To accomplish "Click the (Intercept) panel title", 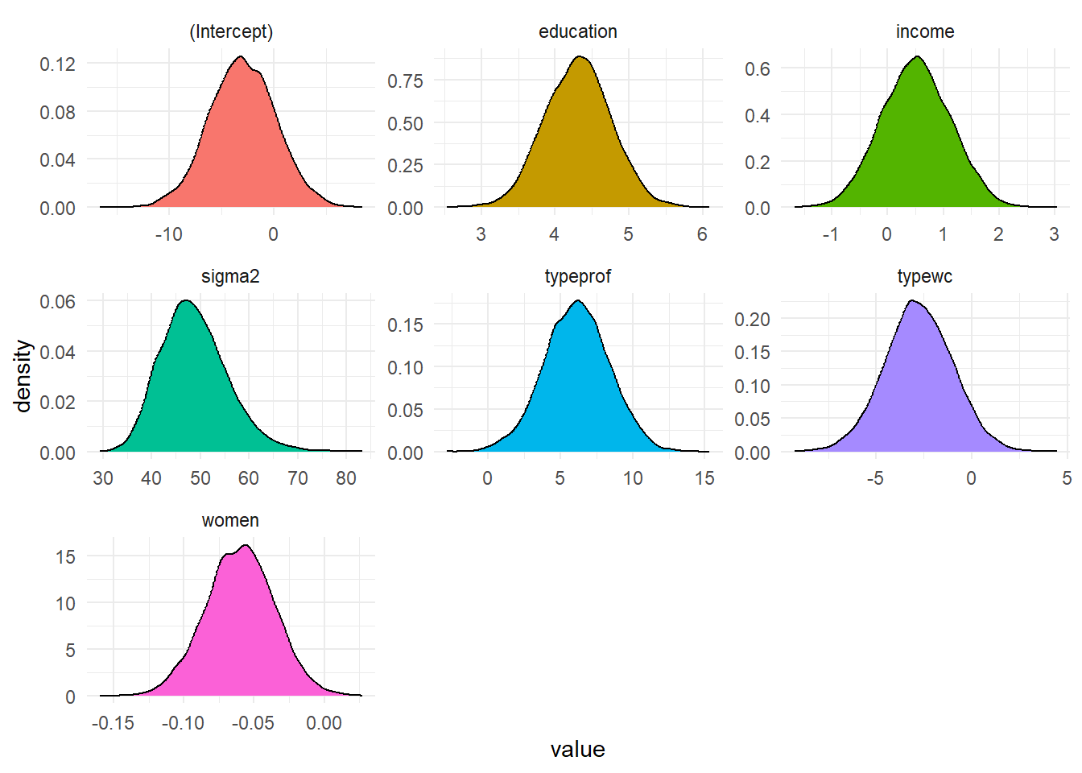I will [231, 31].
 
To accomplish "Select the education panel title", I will [577, 31].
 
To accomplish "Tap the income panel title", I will [925, 31].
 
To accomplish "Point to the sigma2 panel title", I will [230, 276].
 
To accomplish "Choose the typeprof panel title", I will [577, 276].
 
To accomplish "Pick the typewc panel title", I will [925, 276].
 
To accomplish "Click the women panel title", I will [230, 520].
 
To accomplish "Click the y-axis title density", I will [23, 376].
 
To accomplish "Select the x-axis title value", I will [577, 750].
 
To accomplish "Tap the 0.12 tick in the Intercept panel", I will [58, 64].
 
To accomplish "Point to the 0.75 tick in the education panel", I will [405, 81].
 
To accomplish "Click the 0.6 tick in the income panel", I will [758, 68].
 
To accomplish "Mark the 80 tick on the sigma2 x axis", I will [346, 478].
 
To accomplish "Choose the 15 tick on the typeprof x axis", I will [704, 478].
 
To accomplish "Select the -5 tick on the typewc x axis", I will [875, 478].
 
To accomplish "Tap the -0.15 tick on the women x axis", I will [113, 723].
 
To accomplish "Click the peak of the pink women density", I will [246, 546].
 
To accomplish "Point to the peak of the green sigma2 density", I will [186, 300].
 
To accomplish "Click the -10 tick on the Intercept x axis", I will [168, 234].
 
